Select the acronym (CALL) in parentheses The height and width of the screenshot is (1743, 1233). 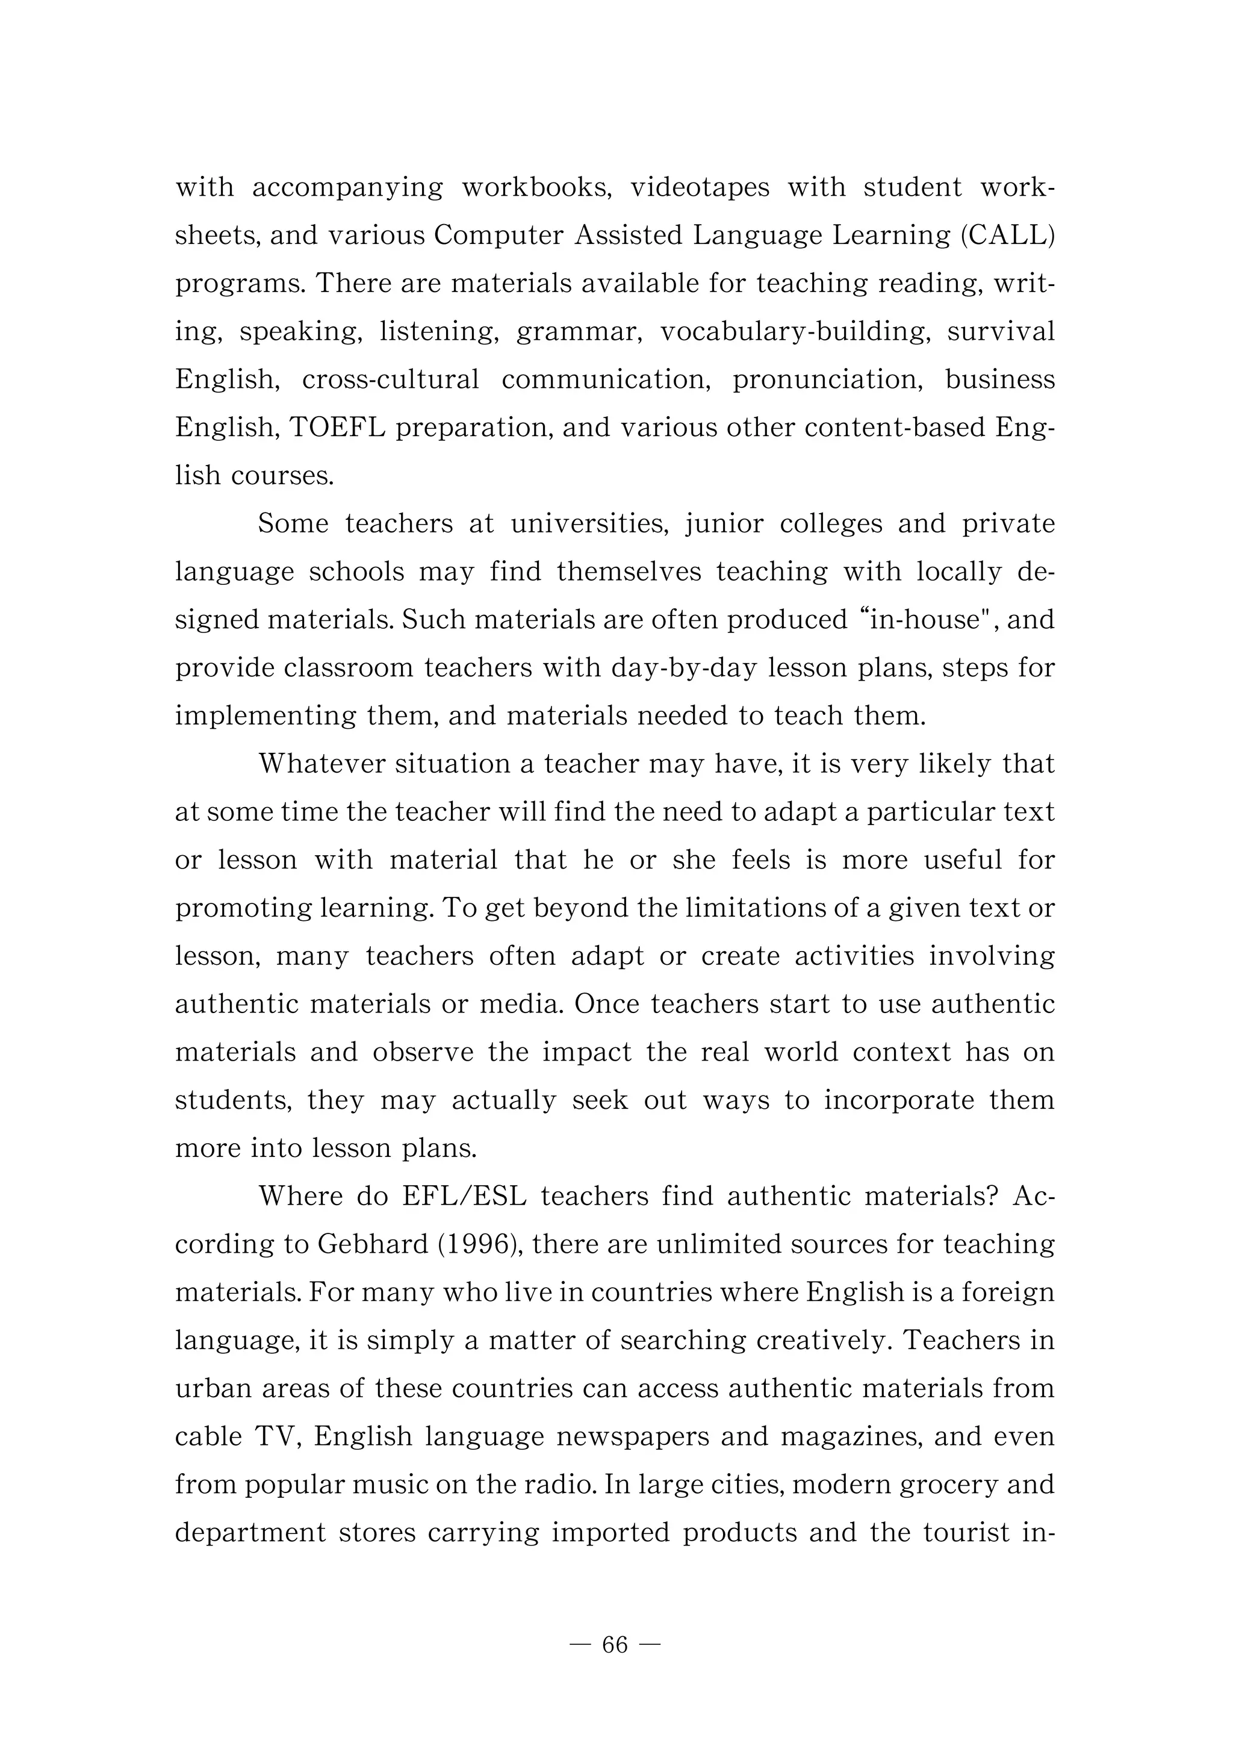click(1007, 235)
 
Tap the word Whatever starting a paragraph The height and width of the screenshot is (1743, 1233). click(322, 764)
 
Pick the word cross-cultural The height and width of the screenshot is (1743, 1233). click(390, 380)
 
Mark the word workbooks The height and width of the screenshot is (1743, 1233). click(537, 187)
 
